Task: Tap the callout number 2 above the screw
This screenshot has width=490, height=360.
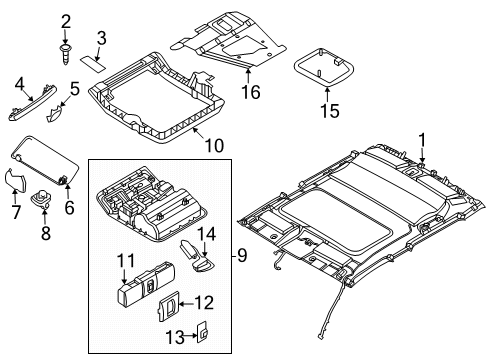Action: pyautogui.click(x=65, y=21)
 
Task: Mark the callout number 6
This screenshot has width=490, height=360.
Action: pyautogui.click(x=69, y=207)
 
